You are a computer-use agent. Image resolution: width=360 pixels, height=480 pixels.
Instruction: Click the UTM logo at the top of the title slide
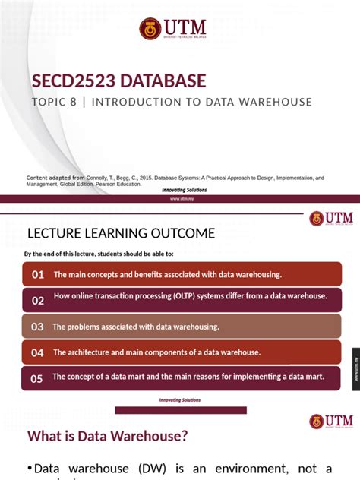(172, 29)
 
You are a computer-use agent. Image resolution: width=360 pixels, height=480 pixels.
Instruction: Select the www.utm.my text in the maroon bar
(180, 198)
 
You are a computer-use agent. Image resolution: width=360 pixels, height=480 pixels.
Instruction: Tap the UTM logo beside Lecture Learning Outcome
(327, 219)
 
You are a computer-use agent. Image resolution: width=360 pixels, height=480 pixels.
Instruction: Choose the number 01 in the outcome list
(38, 274)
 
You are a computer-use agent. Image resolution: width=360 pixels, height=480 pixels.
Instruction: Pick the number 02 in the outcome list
(38, 301)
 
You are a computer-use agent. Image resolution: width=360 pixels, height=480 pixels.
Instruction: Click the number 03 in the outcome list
(37, 327)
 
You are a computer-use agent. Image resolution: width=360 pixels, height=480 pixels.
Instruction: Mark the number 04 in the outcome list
(37, 352)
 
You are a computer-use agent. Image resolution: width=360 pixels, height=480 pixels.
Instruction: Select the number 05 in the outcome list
(37, 378)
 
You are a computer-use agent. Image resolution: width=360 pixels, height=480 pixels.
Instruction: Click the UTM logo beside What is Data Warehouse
(327, 422)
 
